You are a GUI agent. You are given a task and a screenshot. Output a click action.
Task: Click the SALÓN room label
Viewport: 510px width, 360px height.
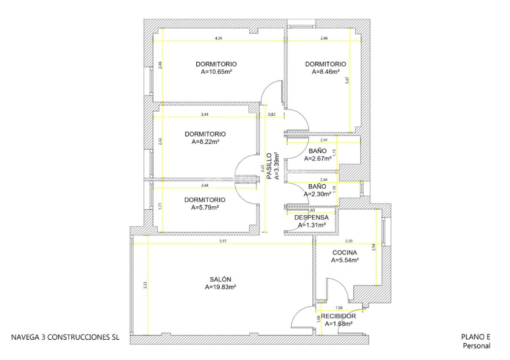(x=220, y=279)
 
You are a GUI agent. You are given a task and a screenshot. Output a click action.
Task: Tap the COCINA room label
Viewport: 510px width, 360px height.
(x=344, y=253)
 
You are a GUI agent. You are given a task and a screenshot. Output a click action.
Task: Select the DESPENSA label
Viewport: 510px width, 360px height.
(x=311, y=218)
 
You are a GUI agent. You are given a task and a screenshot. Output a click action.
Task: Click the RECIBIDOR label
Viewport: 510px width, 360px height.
(x=338, y=316)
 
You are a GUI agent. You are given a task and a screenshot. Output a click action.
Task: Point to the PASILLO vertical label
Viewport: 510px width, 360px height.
(x=269, y=166)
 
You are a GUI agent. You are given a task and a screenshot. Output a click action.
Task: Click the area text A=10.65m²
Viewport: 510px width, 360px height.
(x=216, y=72)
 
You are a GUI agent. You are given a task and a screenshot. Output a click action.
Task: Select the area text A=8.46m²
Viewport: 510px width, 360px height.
(x=326, y=72)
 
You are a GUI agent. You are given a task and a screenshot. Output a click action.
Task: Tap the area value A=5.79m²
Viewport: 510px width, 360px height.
(x=205, y=208)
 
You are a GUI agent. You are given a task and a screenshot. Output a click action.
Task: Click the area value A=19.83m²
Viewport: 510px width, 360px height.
(x=220, y=287)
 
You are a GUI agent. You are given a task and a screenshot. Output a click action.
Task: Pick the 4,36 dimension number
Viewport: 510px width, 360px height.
(x=219, y=38)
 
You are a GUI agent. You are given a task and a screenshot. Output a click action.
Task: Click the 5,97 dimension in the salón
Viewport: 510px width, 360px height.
(x=222, y=241)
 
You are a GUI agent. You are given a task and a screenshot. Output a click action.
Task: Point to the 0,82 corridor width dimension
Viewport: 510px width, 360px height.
(x=272, y=114)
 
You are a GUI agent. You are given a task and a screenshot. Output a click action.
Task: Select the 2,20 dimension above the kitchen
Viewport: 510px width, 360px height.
(x=348, y=241)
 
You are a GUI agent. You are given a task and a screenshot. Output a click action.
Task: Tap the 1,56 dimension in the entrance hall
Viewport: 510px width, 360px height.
(x=339, y=307)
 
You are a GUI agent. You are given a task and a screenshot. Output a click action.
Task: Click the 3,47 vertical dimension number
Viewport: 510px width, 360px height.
(x=347, y=80)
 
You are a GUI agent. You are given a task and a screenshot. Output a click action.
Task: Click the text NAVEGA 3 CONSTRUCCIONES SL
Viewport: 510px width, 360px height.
(x=65, y=337)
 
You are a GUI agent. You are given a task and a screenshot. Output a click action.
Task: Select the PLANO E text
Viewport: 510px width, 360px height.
(x=476, y=337)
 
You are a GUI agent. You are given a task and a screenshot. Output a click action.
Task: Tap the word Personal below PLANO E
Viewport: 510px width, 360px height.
(x=476, y=346)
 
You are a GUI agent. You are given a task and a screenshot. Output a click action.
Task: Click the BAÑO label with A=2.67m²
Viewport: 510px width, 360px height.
(x=317, y=151)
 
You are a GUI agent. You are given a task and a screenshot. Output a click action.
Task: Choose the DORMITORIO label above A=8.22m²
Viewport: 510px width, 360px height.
(x=205, y=134)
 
